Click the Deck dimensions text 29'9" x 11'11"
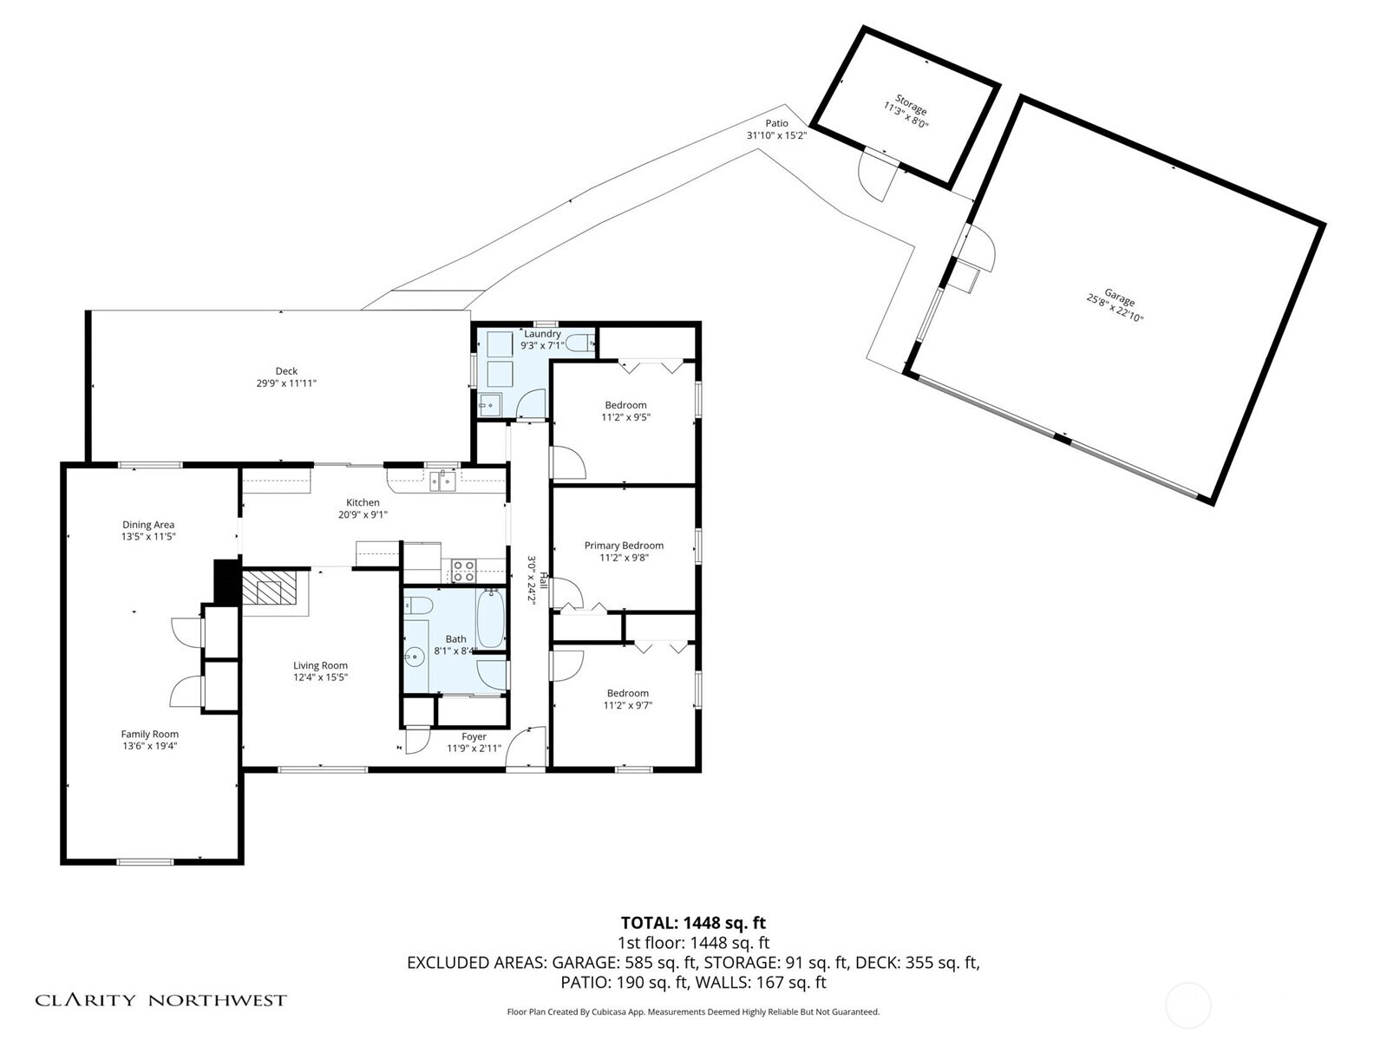click(x=285, y=383)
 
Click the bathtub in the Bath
click(x=490, y=619)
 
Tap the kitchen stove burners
click(x=463, y=571)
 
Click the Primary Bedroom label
click(x=624, y=546)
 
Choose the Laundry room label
click(x=542, y=334)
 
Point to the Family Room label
click(x=149, y=734)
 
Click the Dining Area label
click(x=148, y=524)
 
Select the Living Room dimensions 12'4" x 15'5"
click(x=320, y=677)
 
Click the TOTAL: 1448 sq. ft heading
click(x=693, y=923)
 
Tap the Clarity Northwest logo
click(x=160, y=1000)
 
